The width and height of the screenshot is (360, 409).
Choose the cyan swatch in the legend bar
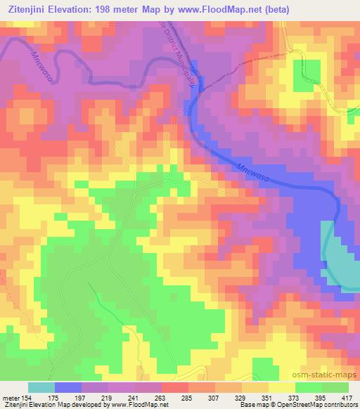click(x=41, y=387)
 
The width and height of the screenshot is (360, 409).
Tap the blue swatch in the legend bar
click(x=68, y=387)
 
